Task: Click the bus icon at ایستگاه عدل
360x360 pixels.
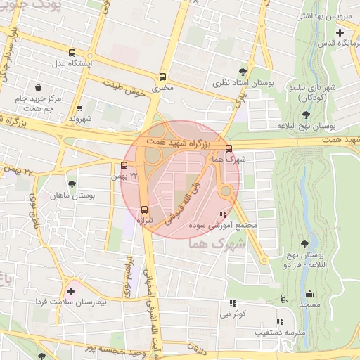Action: click(x=72, y=53)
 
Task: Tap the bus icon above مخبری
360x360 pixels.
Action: click(x=163, y=77)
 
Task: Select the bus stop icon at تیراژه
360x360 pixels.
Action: click(x=144, y=210)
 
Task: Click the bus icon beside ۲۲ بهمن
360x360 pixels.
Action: click(x=124, y=166)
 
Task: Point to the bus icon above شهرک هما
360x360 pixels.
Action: click(x=229, y=148)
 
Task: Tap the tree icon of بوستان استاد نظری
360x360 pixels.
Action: click(x=243, y=71)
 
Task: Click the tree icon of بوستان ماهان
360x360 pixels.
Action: click(x=71, y=184)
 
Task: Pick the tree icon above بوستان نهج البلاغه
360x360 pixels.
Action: click(x=306, y=114)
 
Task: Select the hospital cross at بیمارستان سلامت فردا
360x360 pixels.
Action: click(x=70, y=290)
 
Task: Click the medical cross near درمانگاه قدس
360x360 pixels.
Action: click(x=340, y=32)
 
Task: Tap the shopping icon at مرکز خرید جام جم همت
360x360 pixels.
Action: click(x=37, y=88)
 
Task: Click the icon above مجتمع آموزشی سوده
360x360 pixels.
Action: click(x=224, y=214)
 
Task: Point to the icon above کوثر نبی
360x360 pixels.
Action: click(x=231, y=303)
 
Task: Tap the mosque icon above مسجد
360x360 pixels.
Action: click(x=308, y=293)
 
